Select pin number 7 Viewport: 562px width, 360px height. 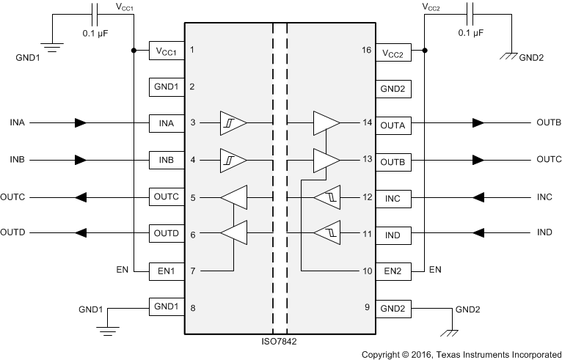[x=192, y=271]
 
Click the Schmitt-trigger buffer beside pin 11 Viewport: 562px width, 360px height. [x=326, y=234]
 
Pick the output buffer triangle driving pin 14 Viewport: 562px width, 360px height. [x=326, y=122]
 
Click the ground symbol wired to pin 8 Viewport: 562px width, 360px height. [x=108, y=328]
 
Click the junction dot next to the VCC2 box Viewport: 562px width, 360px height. [x=425, y=51]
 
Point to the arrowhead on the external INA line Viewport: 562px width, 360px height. [x=81, y=122]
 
